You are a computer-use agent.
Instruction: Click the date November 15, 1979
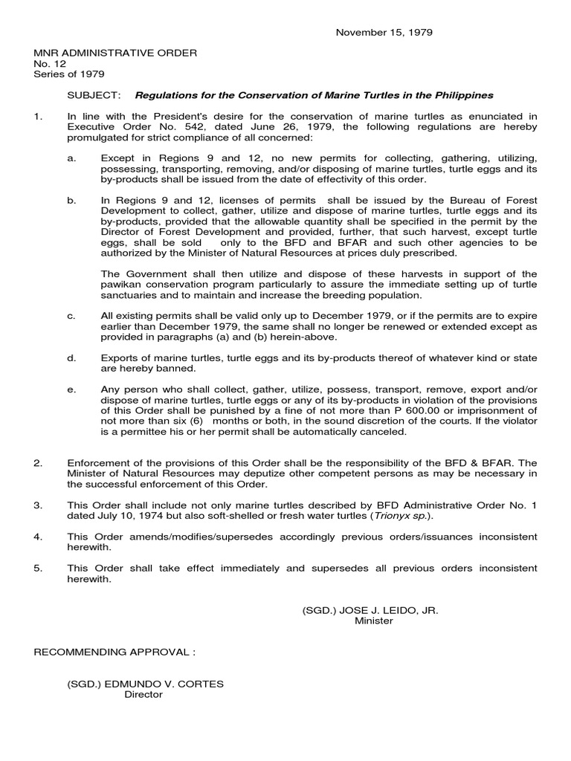click(384, 33)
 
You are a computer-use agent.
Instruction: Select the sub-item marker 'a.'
click(71, 159)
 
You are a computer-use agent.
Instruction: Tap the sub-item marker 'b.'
click(71, 200)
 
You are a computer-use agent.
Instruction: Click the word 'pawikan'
click(120, 285)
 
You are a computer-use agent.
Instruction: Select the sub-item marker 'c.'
click(71, 316)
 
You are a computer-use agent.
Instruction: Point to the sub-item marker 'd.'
click(71, 357)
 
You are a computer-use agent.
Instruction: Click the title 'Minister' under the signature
click(374, 621)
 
